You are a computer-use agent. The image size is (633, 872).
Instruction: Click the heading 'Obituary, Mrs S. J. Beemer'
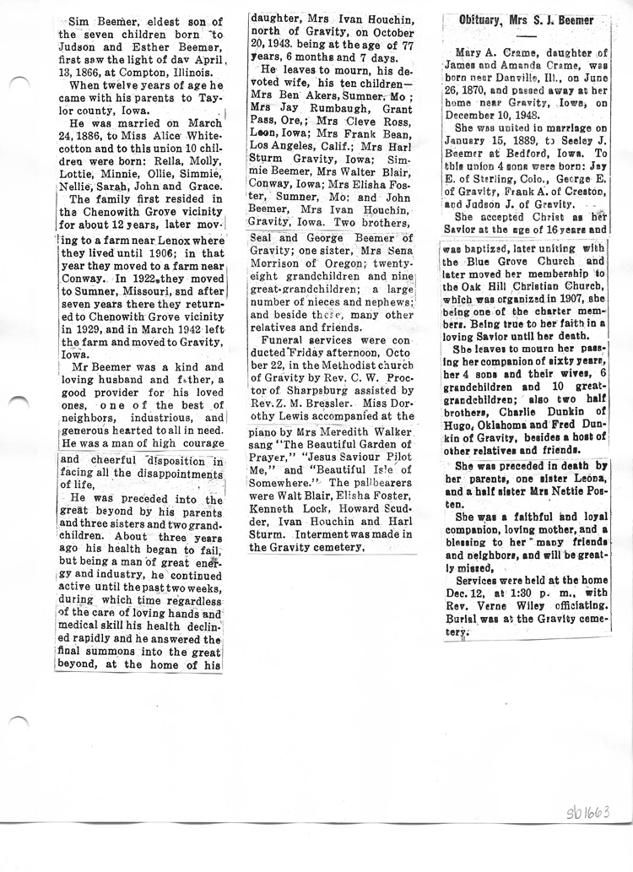[x=526, y=20]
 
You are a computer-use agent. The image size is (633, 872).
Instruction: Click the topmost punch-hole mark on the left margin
[x=20, y=81]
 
